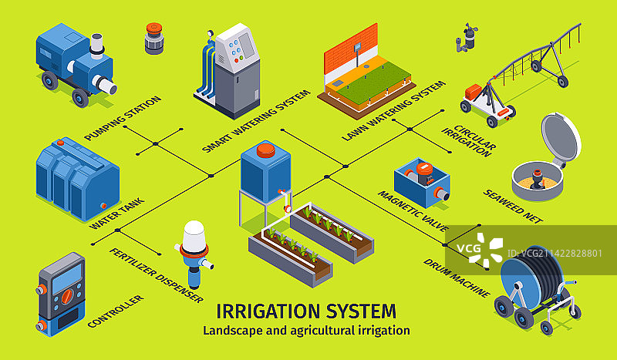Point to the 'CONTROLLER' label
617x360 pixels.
(116, 311)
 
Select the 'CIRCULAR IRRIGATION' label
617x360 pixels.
(468, 136)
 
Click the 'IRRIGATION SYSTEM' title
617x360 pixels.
(306, 311)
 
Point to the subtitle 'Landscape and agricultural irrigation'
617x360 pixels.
(306, 330)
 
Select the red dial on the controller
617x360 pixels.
(66, 296)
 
